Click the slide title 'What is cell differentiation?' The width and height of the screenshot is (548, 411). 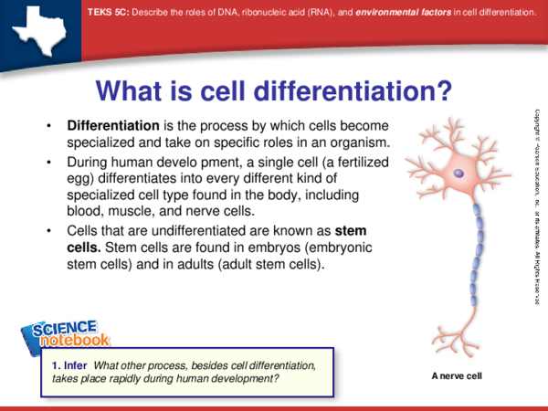click(274, 90)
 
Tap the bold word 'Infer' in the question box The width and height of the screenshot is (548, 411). click(76, 365)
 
